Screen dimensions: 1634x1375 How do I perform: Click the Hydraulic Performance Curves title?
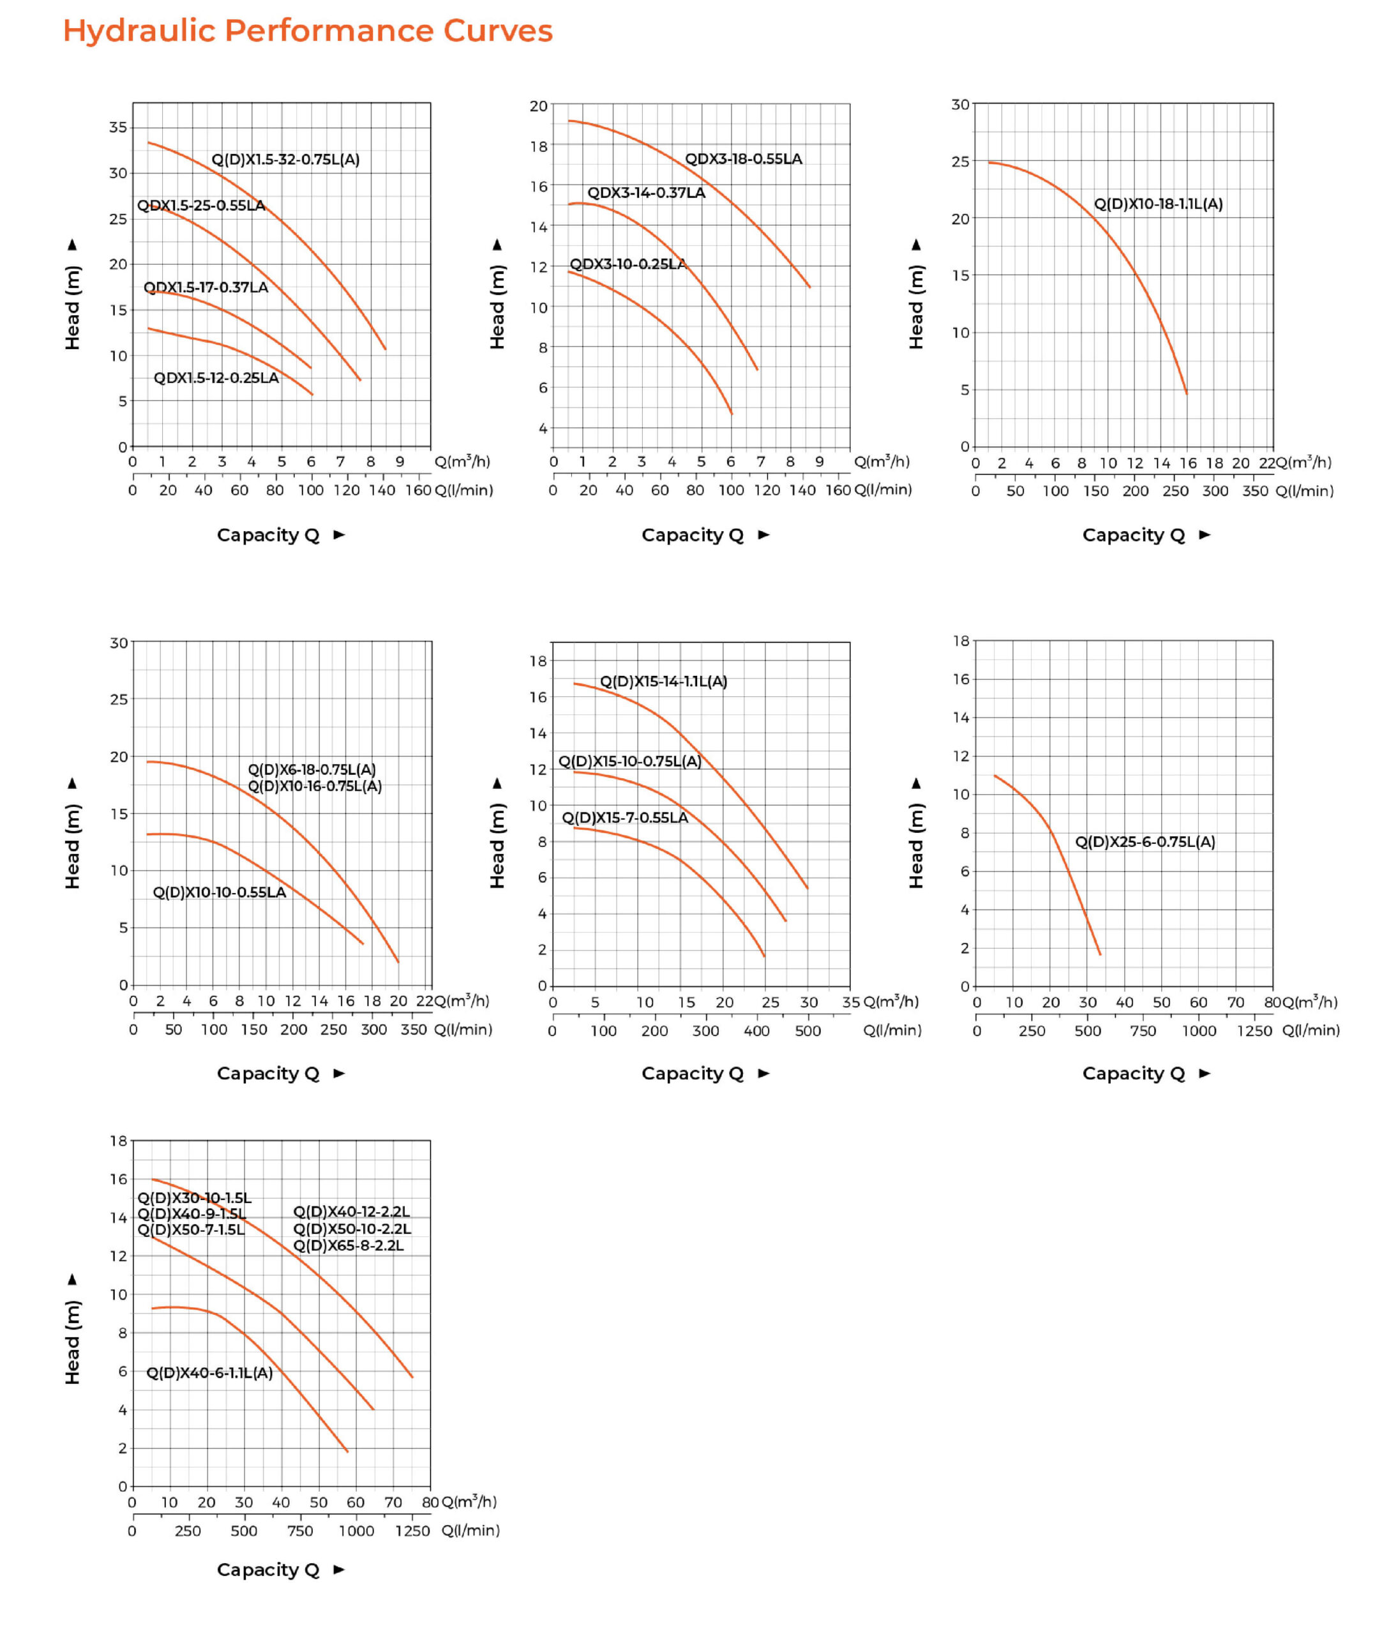tap(307, 31)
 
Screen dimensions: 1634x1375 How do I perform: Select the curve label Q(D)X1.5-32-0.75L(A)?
tap(285, 160)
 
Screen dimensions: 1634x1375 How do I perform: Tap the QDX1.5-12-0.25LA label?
tap(216, 378)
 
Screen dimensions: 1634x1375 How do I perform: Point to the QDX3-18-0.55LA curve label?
tap(743, 159)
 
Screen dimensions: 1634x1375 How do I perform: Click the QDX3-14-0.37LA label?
tap(645, 193)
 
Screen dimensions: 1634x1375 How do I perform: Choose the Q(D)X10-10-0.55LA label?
tap(219, 892)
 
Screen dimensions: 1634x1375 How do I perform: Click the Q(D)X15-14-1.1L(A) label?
tap(663, 681)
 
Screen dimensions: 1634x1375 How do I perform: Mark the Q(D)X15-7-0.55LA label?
tap(624, 818)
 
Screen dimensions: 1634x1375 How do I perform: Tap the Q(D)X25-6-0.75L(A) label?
tap(1145, 841)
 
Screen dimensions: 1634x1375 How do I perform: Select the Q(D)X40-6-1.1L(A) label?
tap(209, 1372)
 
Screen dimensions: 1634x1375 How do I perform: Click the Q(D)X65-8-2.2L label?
tap(348, 1245)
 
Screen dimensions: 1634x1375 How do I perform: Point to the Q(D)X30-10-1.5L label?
tap(194, 1197)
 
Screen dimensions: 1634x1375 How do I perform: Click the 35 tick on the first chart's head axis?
tap(117, 127)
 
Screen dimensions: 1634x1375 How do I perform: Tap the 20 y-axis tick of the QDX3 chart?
tap(538, 106)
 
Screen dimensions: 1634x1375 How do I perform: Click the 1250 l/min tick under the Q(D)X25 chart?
tap(1254, 1031)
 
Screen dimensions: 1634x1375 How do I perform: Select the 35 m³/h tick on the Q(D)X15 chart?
tap(850, 1002)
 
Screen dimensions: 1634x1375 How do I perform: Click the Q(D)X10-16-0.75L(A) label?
tap(314, 786)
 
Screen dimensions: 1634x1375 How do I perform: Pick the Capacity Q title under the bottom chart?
tap(268, 1570)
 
